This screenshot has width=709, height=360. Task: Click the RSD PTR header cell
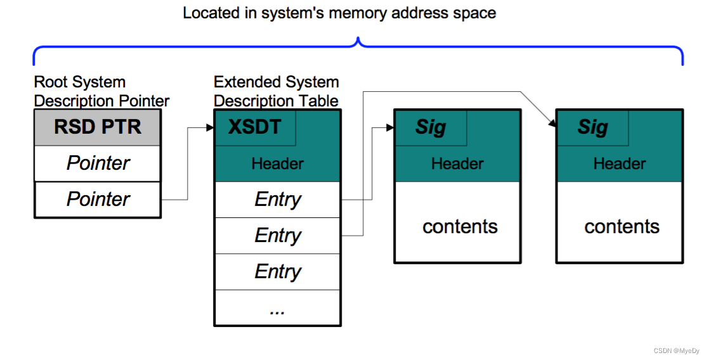(97, 127)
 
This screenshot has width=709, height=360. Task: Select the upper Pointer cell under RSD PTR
(97, 164)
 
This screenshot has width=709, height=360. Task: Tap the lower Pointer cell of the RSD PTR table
(97, 200)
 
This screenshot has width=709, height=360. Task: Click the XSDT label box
(255, 127)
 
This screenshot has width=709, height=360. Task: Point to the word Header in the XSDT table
(277, 164)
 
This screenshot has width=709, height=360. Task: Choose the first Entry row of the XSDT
(277, 200)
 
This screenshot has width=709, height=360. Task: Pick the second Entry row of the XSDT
(277, 236)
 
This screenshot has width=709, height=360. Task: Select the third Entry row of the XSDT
(277, 272)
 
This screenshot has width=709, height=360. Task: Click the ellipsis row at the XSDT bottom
(277, 309)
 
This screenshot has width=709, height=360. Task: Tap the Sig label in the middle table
(431, 127)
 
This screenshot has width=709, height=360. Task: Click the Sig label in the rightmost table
(592, 127)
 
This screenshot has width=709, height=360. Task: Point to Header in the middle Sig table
(457, 164)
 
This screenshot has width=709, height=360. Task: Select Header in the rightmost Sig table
(620, 164)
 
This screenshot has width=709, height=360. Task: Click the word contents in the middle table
(460, 227)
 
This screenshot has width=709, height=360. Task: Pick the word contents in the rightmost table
(621, 227)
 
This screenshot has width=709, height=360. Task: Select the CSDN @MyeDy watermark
(677, 350)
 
